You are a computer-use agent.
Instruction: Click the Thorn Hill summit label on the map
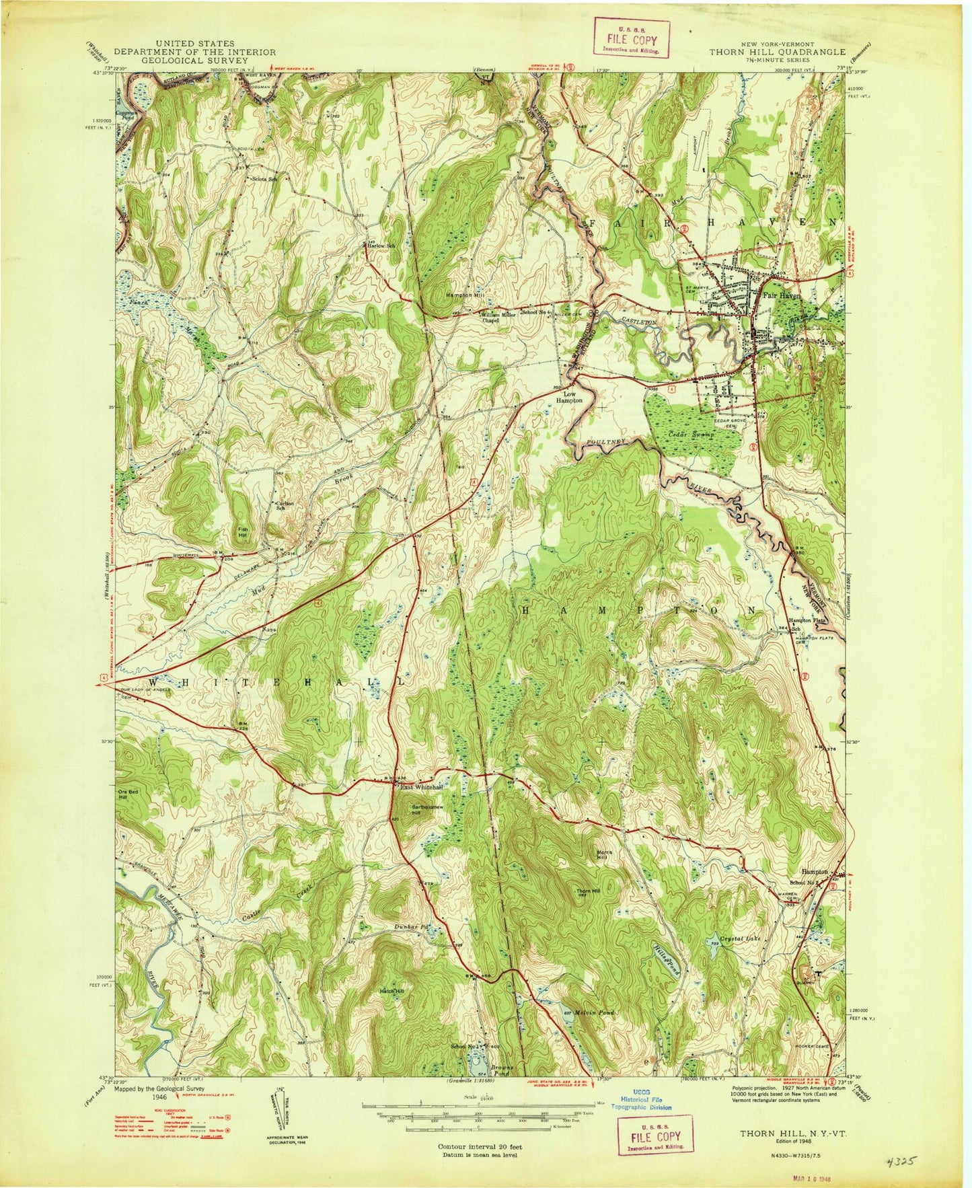click(x=587, y=892)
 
